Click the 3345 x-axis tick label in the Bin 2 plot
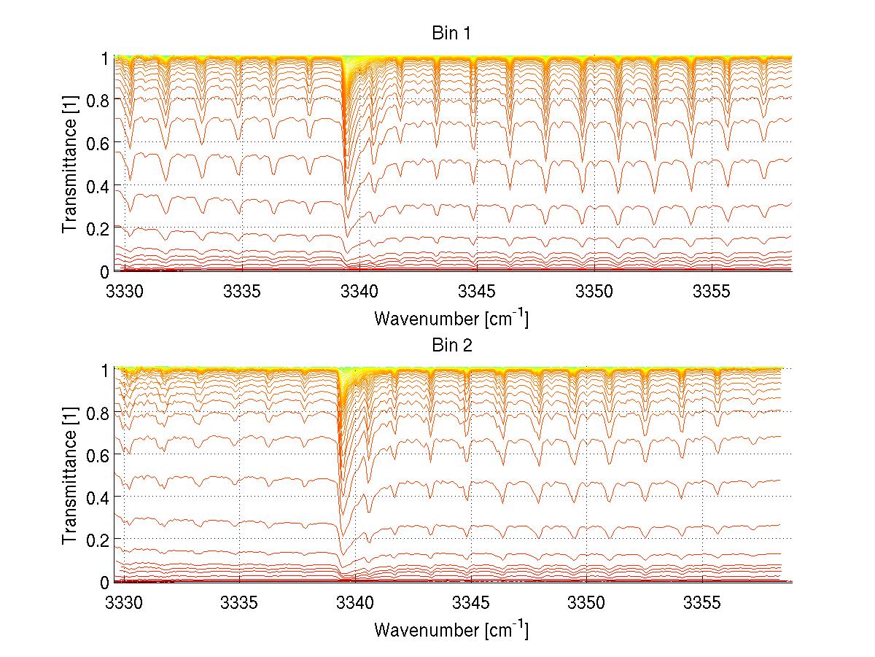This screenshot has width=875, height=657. (x=470, y=604)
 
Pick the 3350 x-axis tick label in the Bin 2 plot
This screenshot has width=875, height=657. (x=586, y=604)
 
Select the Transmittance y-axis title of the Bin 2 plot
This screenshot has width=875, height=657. (x=70, y=476)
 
